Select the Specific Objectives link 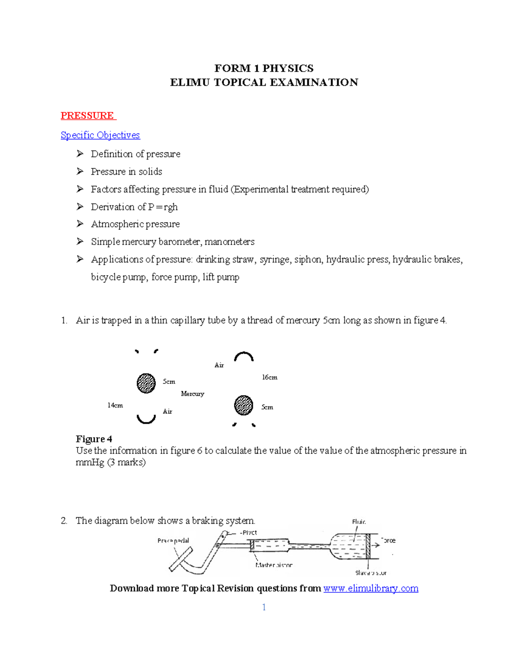(x=100, y=135)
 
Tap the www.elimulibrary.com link (x=371, y=588)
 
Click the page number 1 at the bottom (x=264, y=607)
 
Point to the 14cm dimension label (x=115, y=406)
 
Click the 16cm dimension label (x=270, y=377)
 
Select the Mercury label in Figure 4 (x=192, y=394)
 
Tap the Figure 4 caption (x=94, y=439)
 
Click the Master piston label (x=274, y=565)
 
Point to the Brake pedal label (x=173, y=541)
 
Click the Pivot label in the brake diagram (x=249, y=533)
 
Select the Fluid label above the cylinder (x=359, y=522)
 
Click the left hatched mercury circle (x=146, y=383)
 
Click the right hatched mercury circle (x=243, y=405)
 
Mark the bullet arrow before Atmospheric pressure (x=80, y=224)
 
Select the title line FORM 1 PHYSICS (x=264, y=68)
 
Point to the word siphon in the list (x=308, y=259)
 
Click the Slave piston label (x=371, y=573)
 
